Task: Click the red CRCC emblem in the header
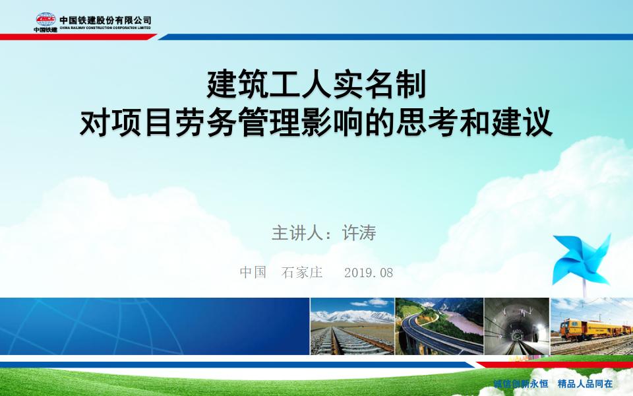click(x=45, y=19)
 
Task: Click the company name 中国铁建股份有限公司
click(x=105, y=20)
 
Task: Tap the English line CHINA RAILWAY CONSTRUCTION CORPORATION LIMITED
click(x=105, y=28)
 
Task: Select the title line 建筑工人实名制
click(x=317, y=84)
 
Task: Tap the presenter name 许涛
click(x=359, y=233)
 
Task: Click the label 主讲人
click(x=297, y=233)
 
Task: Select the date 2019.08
click(x=369, y=273)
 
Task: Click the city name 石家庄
click(x=302, y=273)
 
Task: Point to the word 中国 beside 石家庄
click(x=253, y=273)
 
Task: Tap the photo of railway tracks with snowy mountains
click(x=352, y=327)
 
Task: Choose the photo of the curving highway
click(x=439, y=327)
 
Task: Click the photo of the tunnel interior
click(x=517, y=327)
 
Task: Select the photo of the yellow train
click(x=592, y=327)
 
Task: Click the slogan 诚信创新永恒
click(x=521, y=383)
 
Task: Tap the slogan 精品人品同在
click(x=585, y=383)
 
